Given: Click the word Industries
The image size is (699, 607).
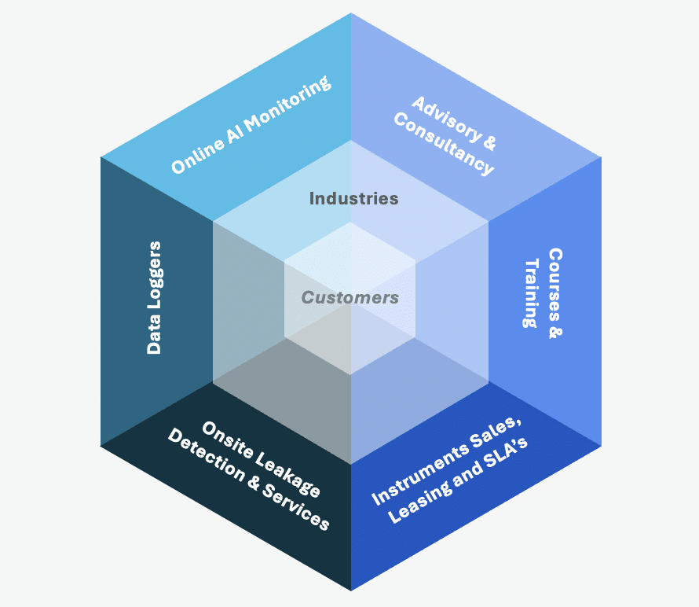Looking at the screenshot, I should coord(353,198).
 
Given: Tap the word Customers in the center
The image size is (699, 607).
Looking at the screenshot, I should coord(350,298).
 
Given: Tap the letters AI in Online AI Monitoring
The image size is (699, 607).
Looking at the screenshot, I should coord(237,131).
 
